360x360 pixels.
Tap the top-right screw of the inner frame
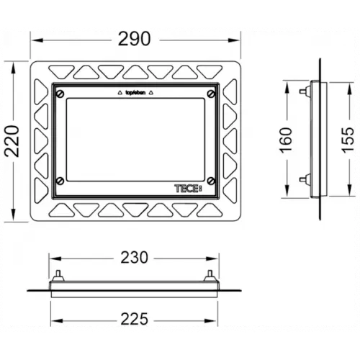210,94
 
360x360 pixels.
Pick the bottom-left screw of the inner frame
60,181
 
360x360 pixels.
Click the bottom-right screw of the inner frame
210,181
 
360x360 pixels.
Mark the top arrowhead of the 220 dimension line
19,66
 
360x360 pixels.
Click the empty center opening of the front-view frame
135,137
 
